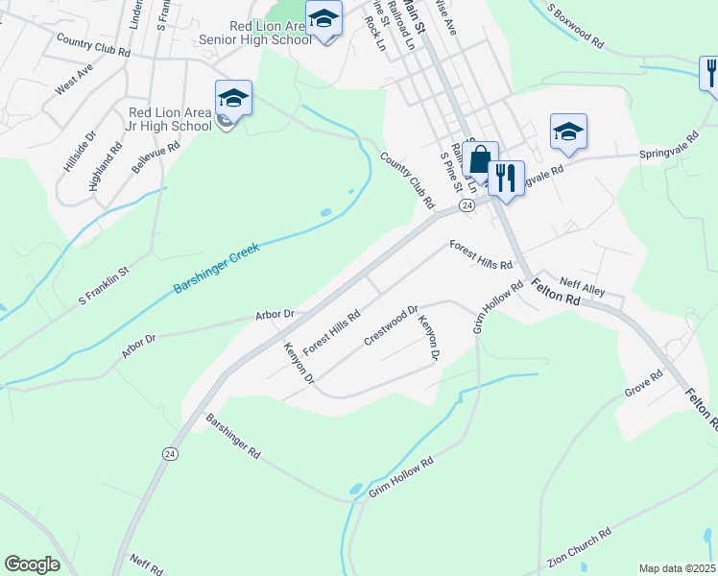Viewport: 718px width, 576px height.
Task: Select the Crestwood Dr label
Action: click(391, 326)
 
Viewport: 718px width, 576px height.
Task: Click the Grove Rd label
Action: click(643, 384)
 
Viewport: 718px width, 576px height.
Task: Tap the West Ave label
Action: click(74, 81)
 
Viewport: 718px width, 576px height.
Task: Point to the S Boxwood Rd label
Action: click(576, 26)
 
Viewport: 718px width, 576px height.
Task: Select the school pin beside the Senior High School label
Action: click(323, 19)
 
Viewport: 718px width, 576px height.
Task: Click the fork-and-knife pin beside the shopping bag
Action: click(506, 177)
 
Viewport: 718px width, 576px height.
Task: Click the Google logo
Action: click(32, 564)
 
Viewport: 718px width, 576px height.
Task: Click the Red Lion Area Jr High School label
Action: click(171, 119)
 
